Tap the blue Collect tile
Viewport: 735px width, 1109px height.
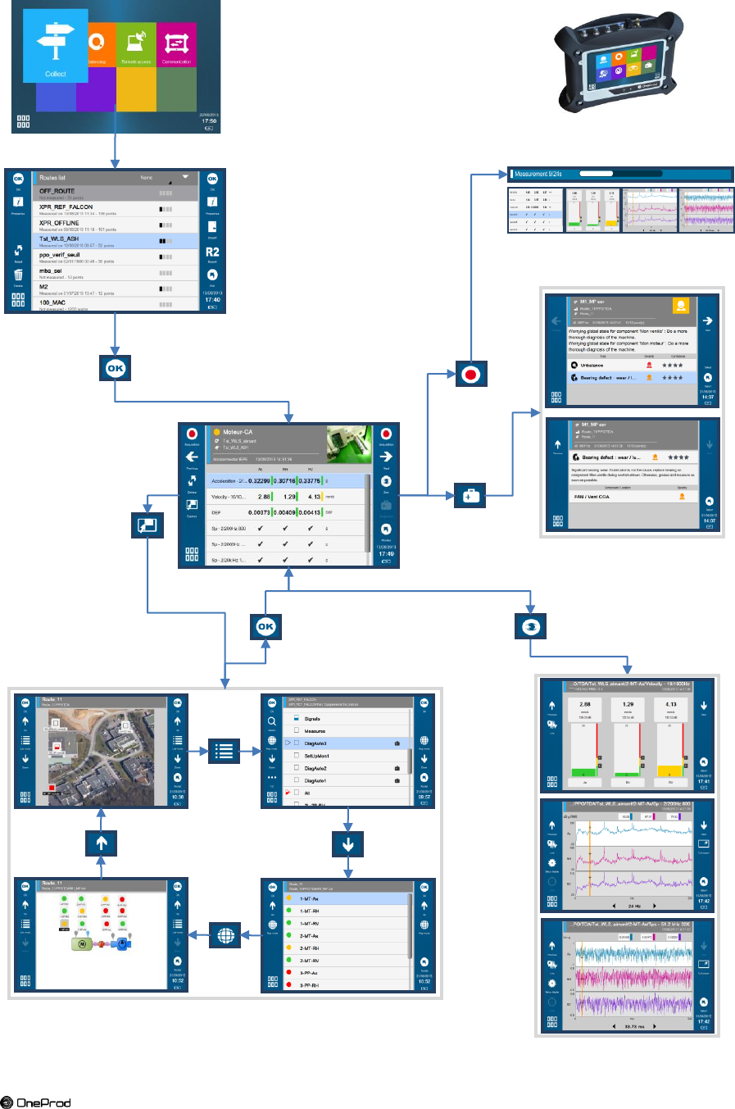[x=56, y=47]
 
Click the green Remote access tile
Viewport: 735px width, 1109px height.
[x=136, y=47]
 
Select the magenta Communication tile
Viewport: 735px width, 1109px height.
[x=176, y=47]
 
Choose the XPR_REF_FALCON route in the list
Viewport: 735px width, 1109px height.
[x=66, y=207]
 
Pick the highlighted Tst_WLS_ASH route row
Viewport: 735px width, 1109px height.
[x=59, y=239]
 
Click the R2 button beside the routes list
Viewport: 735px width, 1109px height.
[x=212, y=252]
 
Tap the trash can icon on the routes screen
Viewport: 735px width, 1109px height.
[x=18, y=275]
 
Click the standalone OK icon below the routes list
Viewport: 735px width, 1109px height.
[x=115, y=369]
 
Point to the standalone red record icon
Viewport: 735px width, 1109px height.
[x=470, y=375]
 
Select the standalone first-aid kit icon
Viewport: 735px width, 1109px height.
[x=470, y=496]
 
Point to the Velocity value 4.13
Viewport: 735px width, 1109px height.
[x=314, y=497]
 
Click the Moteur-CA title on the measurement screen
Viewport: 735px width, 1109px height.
[x=238, y=432]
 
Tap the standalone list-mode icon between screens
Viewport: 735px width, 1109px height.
[x=224, y=751]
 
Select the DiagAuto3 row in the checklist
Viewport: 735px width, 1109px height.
[x=315, y=743]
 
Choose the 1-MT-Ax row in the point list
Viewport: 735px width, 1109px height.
[x=309, y=898]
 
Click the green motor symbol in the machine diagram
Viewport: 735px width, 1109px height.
[x=81, y=943]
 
